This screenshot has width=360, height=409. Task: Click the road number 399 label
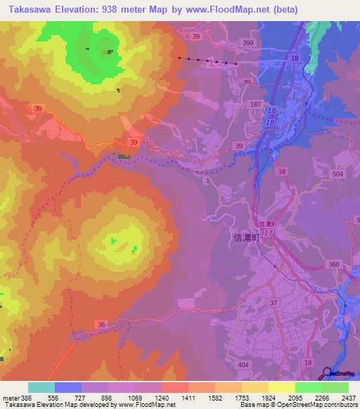[x=247, y=44]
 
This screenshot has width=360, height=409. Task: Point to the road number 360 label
[x=333, y=264]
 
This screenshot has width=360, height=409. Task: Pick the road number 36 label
[x=102, y=324]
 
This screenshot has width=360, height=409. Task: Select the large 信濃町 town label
[x=245, y=238]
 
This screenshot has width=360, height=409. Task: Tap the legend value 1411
[x=190, y=398]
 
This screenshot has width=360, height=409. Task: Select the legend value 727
[x=82, y=398]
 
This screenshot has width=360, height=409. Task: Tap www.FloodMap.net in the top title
[x=227, y=10]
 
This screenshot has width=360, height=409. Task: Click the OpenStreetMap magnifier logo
[x=327, y=373]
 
